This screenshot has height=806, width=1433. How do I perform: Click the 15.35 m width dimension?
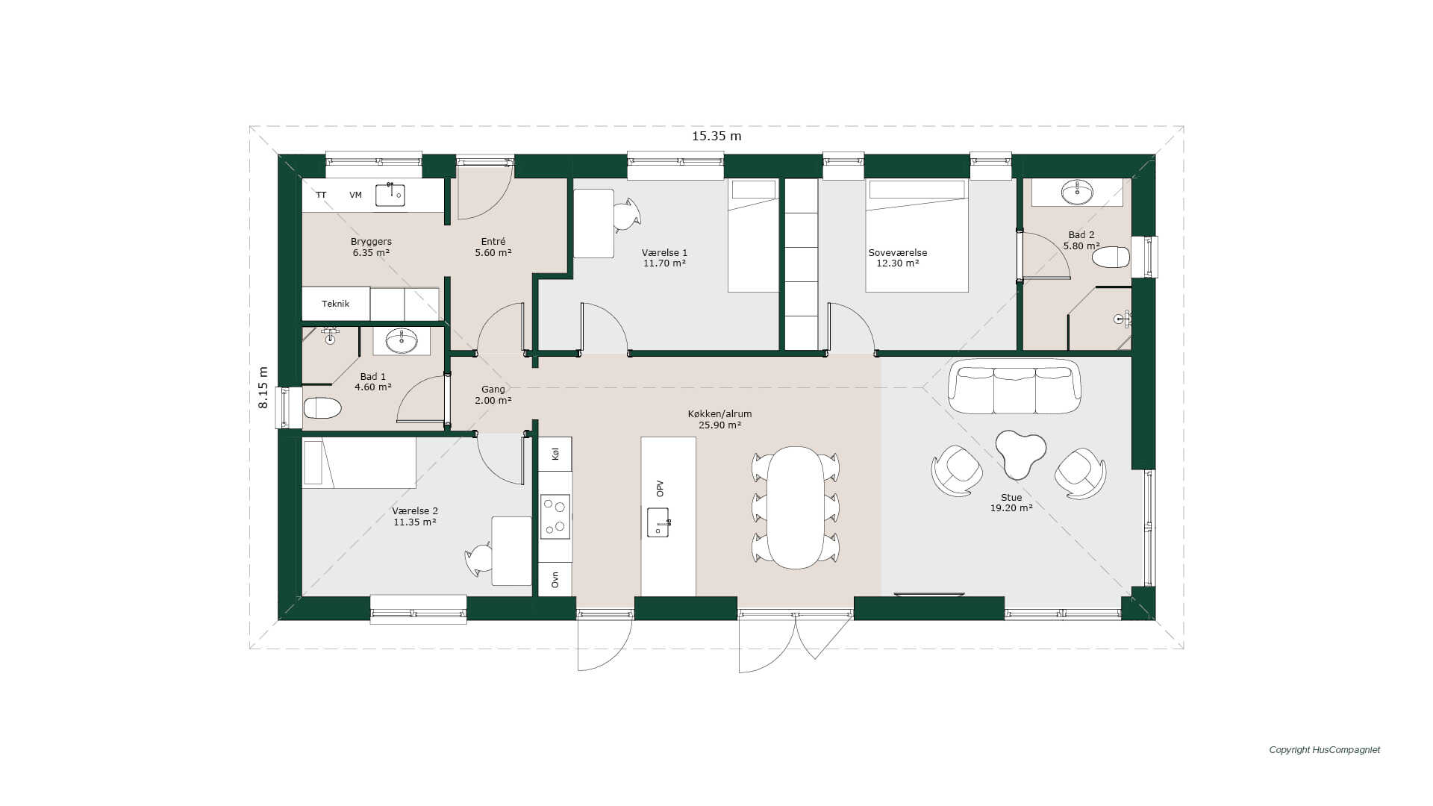click(716, 136)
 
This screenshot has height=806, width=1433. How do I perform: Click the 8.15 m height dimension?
click(263, 387)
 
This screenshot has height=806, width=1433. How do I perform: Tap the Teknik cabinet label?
click(336, 304)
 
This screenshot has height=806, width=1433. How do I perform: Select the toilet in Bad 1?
click(322, 408)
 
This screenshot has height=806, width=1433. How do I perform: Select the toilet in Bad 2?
click(1111, 257)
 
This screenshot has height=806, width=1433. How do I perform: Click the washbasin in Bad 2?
click(1076, 193)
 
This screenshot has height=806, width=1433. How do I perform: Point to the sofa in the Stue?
click(1014, 386)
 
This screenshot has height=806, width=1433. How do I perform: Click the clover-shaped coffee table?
click(1020, 454)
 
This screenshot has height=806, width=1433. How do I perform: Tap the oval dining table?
click(796, 507)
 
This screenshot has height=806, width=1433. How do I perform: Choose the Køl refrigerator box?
click(555, 454)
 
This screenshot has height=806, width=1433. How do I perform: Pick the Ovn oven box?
click(555, 579)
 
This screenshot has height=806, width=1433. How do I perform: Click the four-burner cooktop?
click(555, 516)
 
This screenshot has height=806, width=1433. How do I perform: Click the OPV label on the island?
click(660, 489)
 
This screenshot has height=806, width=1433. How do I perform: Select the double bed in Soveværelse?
click(917, 235)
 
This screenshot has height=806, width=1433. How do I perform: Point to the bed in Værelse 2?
click(359, 463)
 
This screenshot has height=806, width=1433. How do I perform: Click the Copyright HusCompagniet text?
click(1325, 750)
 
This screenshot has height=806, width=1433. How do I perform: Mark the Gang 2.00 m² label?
click(493, 395)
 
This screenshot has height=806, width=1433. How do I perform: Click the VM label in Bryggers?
click(355, 195)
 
